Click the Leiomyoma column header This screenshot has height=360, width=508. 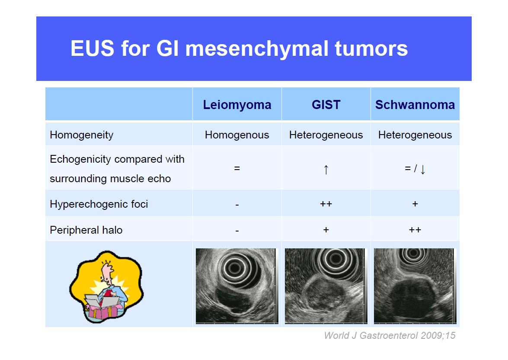click(237, 105)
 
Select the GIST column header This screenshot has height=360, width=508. click(326, 105)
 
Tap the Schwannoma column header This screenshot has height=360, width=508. click(415, 105)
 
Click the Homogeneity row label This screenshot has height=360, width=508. click(82, 135)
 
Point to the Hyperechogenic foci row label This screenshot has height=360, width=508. click(99, 204)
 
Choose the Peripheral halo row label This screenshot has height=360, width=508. click(86, 230)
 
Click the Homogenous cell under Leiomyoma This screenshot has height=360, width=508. click(237, 135)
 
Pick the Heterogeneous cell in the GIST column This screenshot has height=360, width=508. click(326, 135)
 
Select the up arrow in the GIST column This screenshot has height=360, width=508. click(326, 169)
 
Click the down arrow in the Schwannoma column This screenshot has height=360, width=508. click(422, 169)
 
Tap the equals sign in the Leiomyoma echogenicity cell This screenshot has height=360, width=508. click(237, 168)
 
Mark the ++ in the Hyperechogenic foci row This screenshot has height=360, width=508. click(326, 204)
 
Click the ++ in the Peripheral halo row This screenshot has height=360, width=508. click(415, 230)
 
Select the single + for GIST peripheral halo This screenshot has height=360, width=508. click(326, 230)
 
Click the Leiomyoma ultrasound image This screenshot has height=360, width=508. click(237, 286)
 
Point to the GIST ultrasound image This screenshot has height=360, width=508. click(326, 286)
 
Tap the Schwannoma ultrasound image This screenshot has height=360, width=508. click(415, 286)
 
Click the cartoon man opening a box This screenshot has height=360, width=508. click(106, 287)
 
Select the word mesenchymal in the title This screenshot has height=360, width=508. click(257, 48)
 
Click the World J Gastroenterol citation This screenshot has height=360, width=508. click(390, 335)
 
